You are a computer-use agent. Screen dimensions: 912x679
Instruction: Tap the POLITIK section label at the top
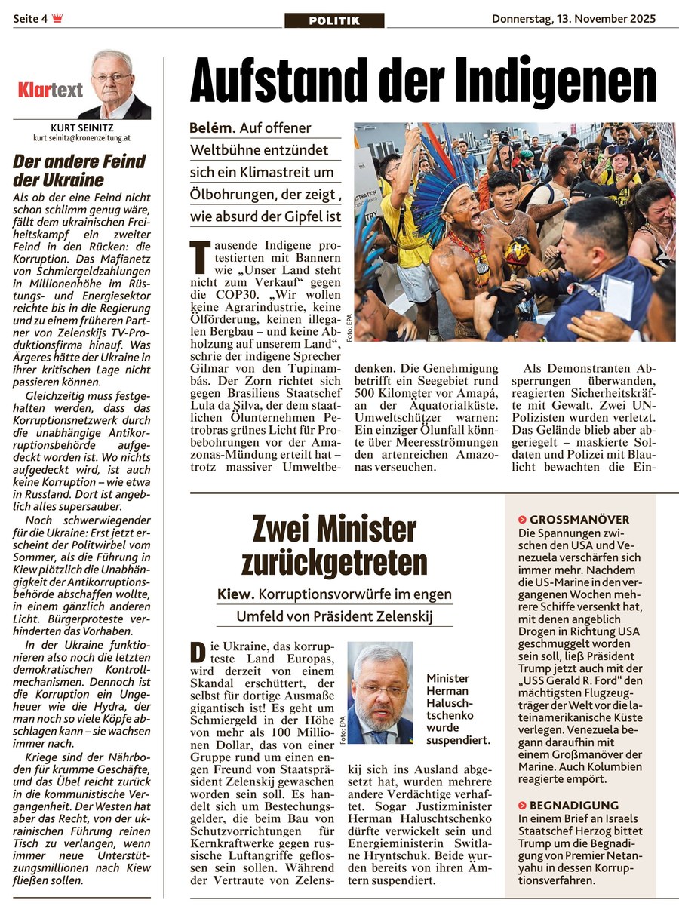334,20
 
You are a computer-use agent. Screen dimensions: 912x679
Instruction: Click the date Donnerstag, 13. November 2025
573,19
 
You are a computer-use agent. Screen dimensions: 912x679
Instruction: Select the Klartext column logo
51,91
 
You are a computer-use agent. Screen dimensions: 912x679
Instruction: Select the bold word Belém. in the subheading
213,128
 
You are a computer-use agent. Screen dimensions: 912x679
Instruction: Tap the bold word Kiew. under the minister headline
235,594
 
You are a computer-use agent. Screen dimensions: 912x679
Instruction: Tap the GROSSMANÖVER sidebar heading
579,520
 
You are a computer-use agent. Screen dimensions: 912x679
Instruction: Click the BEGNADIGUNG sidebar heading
573,805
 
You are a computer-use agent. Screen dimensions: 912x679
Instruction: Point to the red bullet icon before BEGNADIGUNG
522,805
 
